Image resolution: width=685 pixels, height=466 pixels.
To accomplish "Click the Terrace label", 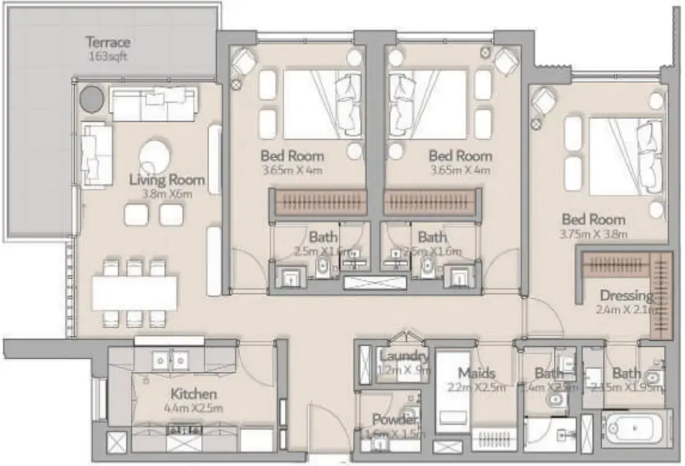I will [x=108, y=42].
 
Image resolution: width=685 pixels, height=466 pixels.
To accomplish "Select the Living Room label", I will [x=167, y=180].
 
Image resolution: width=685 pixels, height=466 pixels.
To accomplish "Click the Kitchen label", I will [x=194, y=394].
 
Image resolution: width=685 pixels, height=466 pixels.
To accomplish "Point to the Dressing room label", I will [x=626, y=295].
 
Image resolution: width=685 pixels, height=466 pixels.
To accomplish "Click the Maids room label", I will [x=477, y=373].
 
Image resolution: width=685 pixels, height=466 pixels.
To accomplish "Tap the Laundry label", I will [x=403, y=356].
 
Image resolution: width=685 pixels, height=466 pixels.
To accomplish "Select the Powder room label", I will [x=394, y=419].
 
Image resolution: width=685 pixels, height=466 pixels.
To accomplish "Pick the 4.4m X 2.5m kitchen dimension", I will [x=194, y=409].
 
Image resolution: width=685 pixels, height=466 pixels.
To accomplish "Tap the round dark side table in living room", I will [x=92, y=98].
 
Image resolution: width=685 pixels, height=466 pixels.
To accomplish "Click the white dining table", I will [x=135, y=293].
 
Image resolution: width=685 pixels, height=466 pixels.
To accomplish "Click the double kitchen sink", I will [x=169, y=359].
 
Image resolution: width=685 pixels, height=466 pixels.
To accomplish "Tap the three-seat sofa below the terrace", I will [x=153, y=103].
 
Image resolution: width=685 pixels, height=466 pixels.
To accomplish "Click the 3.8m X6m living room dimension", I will [x=167, y=194].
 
